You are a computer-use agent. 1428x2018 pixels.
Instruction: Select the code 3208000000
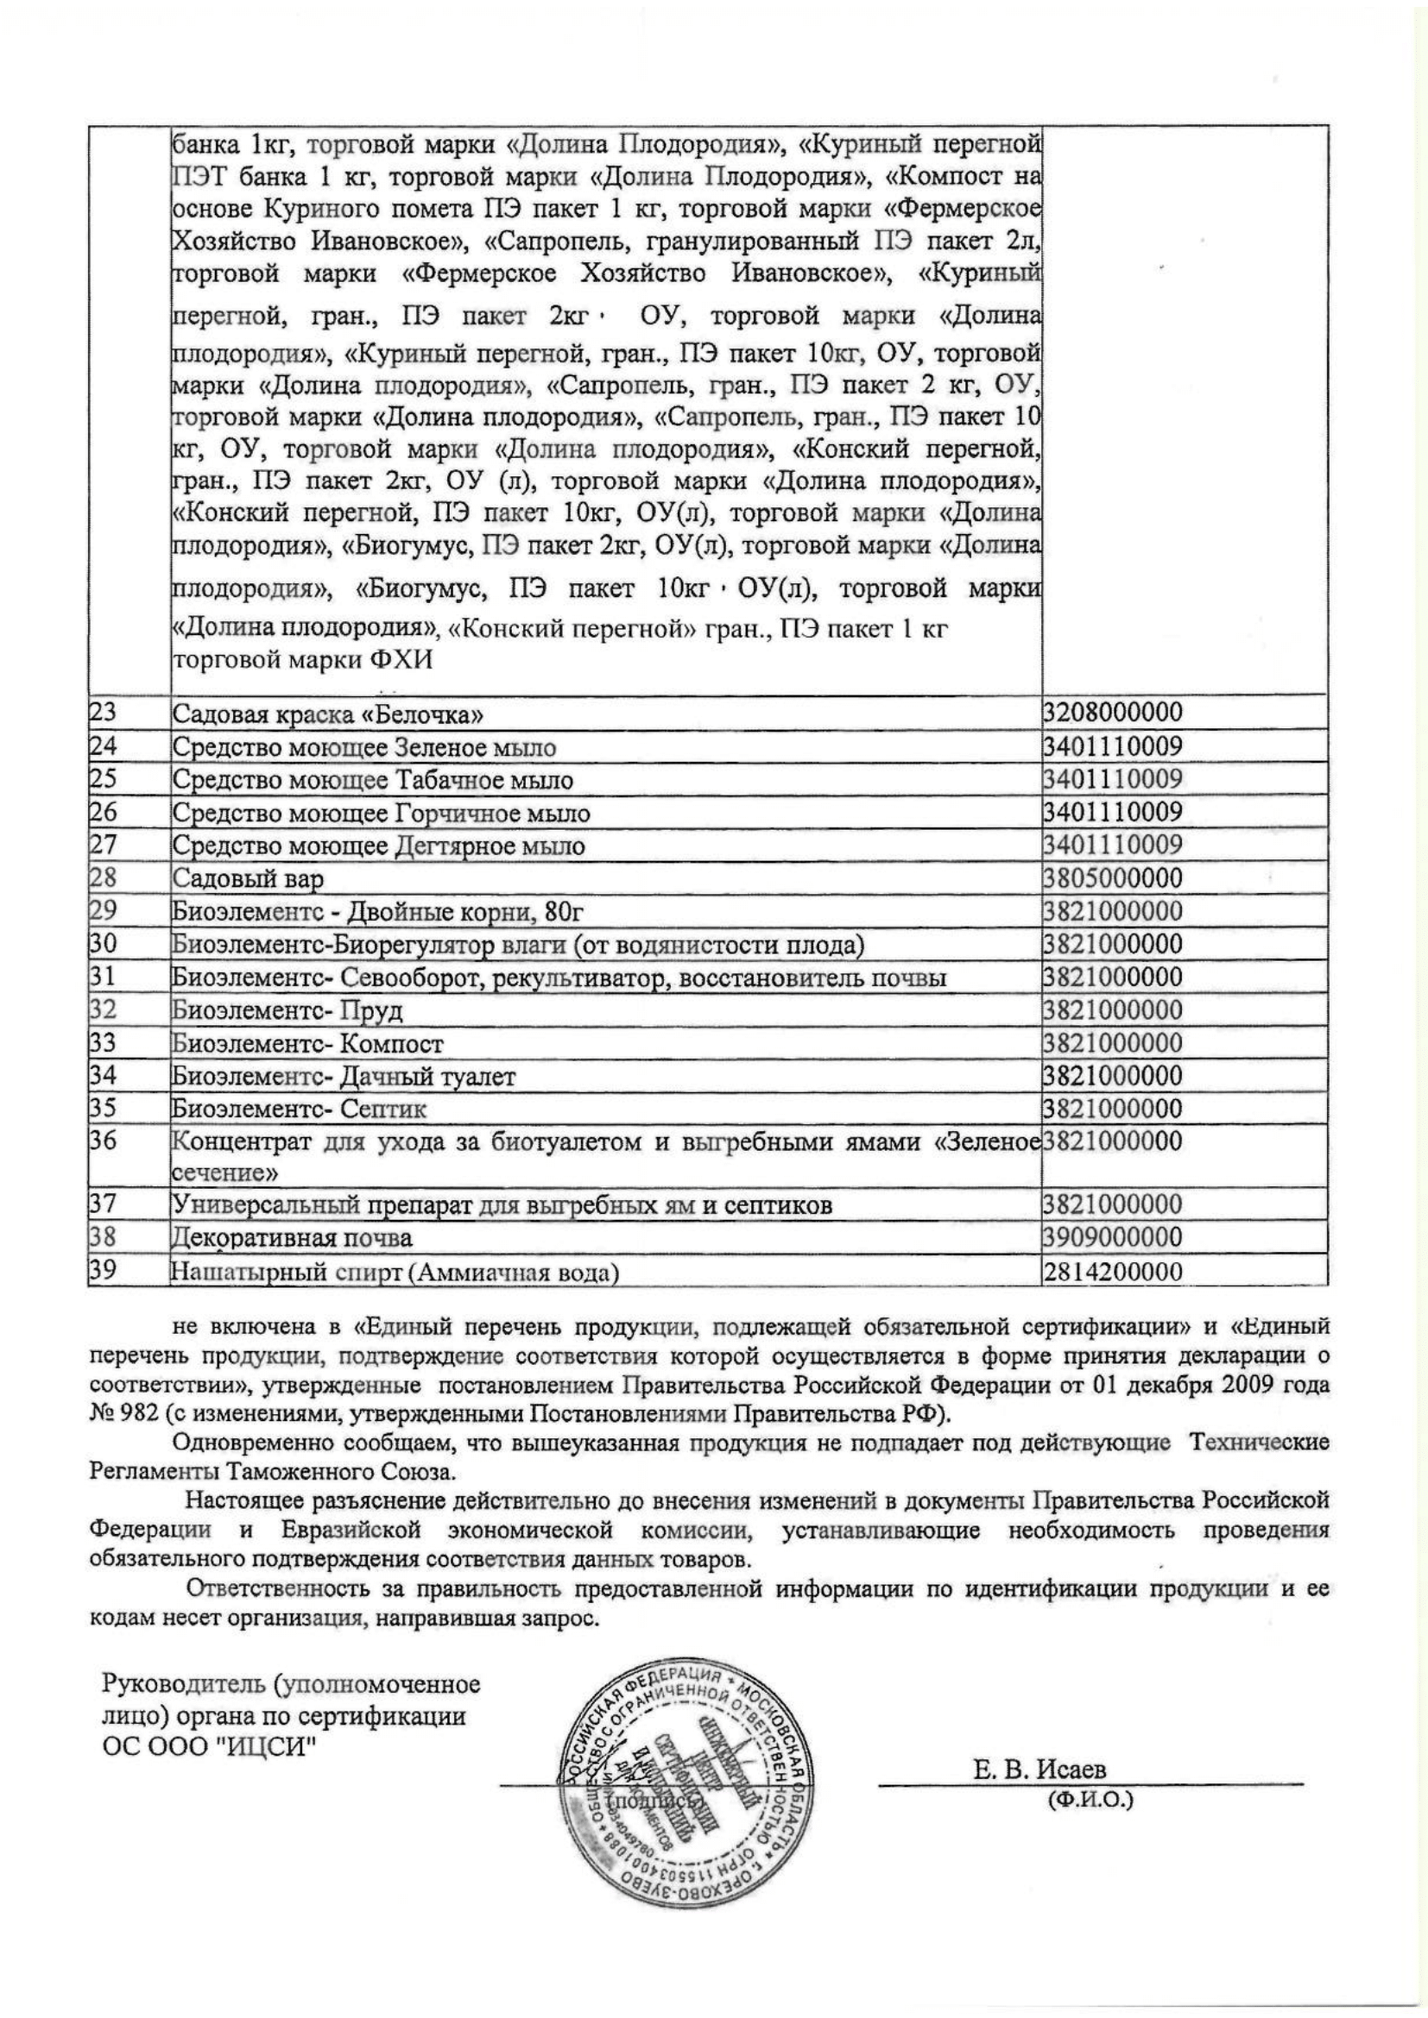click(1112, 713)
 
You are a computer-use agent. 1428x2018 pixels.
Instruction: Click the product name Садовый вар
click(248, 878)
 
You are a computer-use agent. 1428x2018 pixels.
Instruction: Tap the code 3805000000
click(1112, 878)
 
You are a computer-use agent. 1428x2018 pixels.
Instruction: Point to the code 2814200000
click(1112, 1271)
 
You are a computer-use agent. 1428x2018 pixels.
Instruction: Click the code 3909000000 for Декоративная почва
click(1112, 1237)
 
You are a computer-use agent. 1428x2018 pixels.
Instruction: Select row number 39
click(103, 1271)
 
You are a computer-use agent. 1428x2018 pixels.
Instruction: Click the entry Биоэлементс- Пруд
click(287, 1011)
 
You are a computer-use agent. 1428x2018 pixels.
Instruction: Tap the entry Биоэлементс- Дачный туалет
click(344, 1076)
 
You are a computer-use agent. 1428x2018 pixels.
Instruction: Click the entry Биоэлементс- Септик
click(299, 1110)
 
